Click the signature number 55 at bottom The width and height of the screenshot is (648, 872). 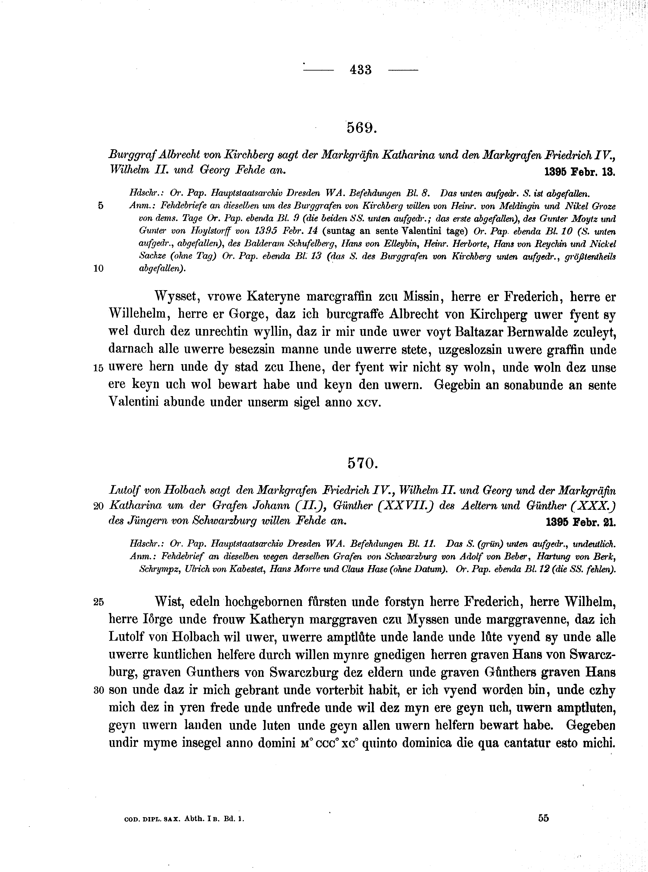tap(543, 818)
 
